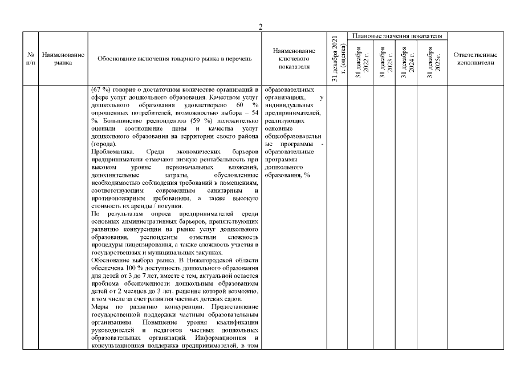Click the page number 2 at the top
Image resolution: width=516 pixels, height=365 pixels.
[261, 27]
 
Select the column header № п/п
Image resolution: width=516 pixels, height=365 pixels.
[30, 59]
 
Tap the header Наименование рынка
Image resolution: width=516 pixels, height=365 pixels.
[63, 59]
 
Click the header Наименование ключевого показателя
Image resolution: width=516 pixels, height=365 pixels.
[294, 59]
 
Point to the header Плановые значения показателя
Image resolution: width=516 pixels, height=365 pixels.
[397, 36]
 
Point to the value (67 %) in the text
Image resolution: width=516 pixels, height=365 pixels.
[101, 90]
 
